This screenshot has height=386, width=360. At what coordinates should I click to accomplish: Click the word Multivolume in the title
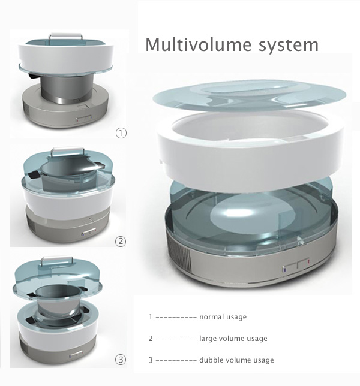pyautogui.click(x=199, y=44)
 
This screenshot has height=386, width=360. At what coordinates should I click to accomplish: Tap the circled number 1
pyautogui.click(x=121, y=133)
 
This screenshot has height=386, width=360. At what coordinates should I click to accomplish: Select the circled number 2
pyautogui.click(x=121, y=241)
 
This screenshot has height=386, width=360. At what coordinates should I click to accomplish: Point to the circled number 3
pyautogui.click(x=121, y=360)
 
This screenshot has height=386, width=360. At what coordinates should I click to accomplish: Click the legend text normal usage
pyautogui.click(x=223, y=317)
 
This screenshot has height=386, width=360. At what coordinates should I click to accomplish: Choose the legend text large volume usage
pyautogui.click(x=233, y=339)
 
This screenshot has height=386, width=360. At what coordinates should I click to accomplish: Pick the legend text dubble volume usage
pyautogui.click(x=236, y=360)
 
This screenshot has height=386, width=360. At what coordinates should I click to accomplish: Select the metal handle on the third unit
pyautogui.click(x=57, y=258)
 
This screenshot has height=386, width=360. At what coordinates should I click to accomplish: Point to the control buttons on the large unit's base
pyautogui.click(x=296, y=266)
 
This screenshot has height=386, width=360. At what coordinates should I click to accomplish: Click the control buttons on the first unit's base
pyautogui.click(x=84, y=119)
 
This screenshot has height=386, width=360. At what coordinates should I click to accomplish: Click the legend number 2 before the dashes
pyautogui.click(x=151, y=339)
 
